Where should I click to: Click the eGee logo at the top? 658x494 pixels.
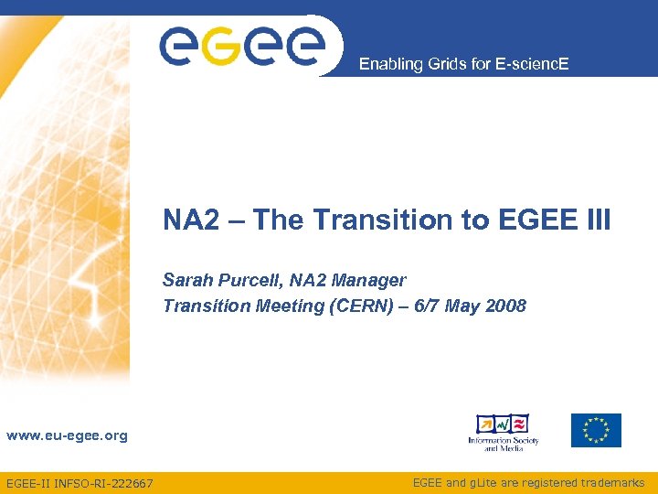pos(242,45)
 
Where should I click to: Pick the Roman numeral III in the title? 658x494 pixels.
pos(595,220)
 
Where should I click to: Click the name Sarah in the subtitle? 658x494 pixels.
pos(186,280)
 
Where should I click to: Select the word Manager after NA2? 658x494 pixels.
pos(370,280)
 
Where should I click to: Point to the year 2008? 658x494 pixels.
pos(505,306)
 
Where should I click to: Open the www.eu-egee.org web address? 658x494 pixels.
pos(67,436)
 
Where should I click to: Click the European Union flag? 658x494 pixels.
pos(596,430)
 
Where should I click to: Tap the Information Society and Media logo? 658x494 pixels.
pos(504,432)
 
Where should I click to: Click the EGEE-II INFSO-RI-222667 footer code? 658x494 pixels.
pos(80,483)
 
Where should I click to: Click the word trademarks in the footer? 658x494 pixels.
pos(611,482)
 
